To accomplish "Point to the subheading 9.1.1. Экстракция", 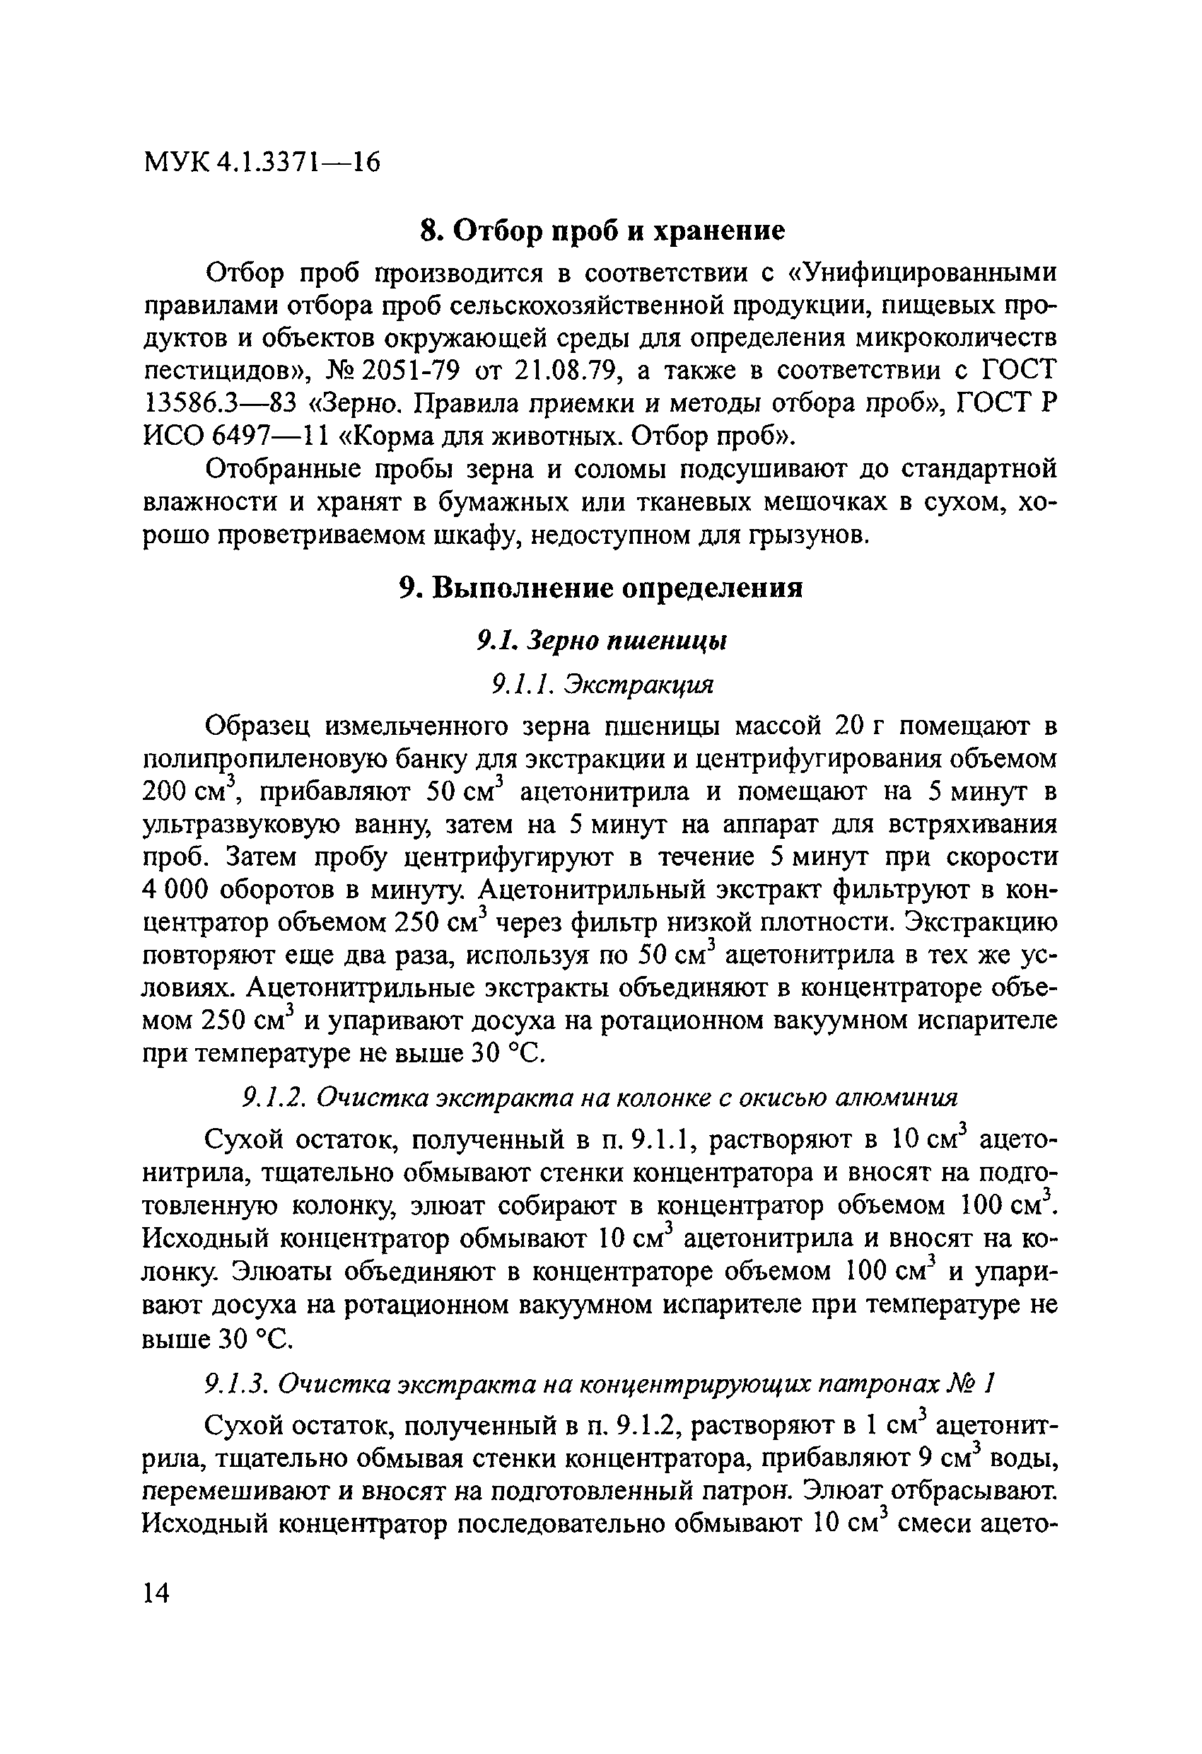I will [x=602, y=685].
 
